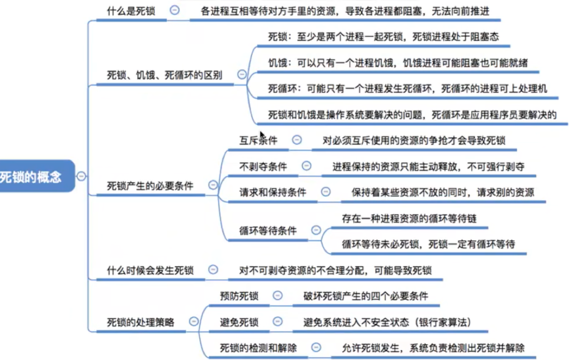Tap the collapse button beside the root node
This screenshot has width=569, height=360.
coord(81,176)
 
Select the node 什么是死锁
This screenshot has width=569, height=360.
coord(131,11)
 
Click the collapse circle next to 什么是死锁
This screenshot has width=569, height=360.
coord(174,10)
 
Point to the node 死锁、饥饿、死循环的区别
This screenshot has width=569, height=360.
coord(164,75)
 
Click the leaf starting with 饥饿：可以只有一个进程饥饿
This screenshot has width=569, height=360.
coord(398,63)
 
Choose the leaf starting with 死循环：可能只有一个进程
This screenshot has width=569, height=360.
coord(407,88)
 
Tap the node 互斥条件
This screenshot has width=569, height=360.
coord(258,141)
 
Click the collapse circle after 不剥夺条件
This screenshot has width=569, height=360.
coord(306,166)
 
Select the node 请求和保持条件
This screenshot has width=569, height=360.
coord(272,192)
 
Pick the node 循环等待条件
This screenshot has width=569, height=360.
coord(268,231)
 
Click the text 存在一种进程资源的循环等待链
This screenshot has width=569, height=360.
coord(409,218)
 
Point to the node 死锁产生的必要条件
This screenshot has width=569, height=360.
coord(150,186)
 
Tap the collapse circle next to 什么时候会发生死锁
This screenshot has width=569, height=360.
coord(213,269)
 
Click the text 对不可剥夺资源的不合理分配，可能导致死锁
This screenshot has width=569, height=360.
coord(335,271)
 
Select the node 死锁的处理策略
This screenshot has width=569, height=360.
coord(141,322)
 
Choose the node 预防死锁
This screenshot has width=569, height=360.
coord(239,296)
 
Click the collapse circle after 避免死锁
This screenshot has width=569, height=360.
coord(278,321)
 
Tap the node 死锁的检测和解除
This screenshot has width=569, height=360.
coord(258,348)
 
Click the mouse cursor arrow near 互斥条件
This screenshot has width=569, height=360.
coord(263,135)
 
